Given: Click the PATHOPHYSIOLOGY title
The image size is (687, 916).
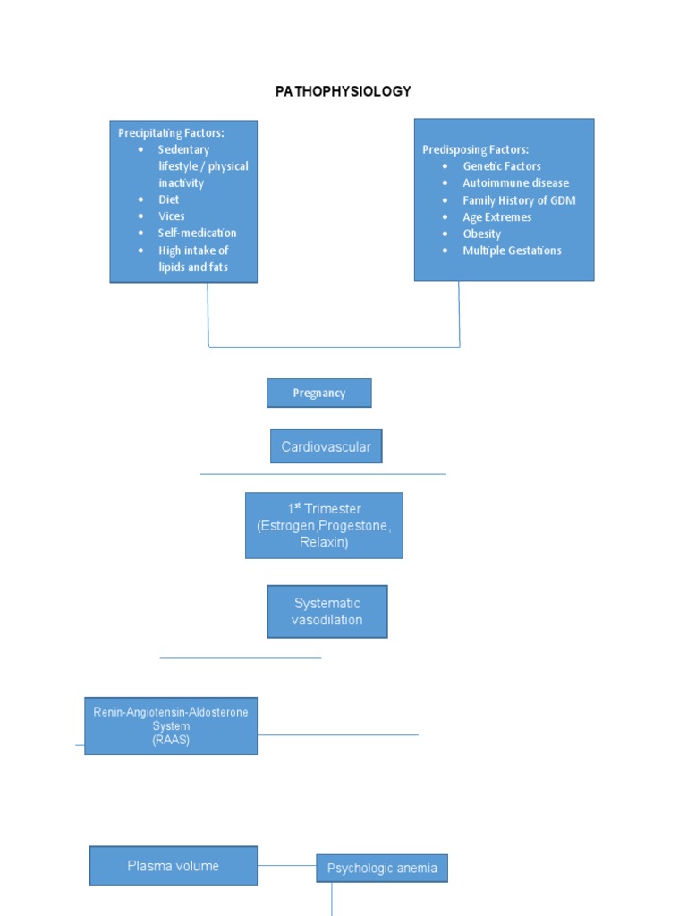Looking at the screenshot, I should pyautogui.click(x=343, y=91).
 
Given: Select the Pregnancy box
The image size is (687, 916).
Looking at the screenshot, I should pyautogui.click(x=319, y=394).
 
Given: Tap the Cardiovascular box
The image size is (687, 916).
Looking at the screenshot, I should pyautogui.click(x=326, y=446).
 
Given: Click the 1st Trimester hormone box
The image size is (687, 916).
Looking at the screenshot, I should pyautogui.click(x=324, y=525).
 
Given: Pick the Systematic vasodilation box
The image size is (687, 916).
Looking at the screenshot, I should pyautogui.click(x=327, y=611).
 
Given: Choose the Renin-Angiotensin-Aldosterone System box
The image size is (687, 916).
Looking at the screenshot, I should pyautogui.click(x=171, y=725).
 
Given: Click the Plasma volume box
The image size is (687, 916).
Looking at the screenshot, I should pyautogui.click(x=173, y=866).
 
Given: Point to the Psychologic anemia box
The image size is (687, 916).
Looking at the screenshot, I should pyautogui.click(x=381, y=868).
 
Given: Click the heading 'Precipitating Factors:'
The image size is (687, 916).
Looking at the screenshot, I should pyautogui.click(x=171, y=132).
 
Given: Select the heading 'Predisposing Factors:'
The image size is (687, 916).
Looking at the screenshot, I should pyautogui.click(x=475, y=149).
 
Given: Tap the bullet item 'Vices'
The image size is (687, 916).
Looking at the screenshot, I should pyautogui.click(x=172, y=216).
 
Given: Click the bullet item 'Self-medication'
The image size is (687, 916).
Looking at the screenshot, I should pyautogui.click(x=197, y=233).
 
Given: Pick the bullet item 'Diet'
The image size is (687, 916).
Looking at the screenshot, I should pyautogui.click(x=169, y=199).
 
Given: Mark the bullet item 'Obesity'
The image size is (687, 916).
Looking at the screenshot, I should pyautogui.click(x=481, y=233).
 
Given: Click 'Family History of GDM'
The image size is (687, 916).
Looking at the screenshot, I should pyautogui.click(x=519, y=200).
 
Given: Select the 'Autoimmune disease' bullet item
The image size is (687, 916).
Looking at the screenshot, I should pyautogui.click(x=515, y=183).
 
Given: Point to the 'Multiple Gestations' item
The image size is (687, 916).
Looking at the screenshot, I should pyautogui.click(x=512, y=250).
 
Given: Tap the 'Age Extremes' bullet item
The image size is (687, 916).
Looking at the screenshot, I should pyautogui.click(x=496, y=217).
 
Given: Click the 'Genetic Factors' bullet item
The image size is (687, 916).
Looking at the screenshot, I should pyautogui.click(x=501, y=166).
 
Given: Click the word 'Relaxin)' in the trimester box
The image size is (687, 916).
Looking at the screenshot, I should pyautogui.click(x=324, y=542).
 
